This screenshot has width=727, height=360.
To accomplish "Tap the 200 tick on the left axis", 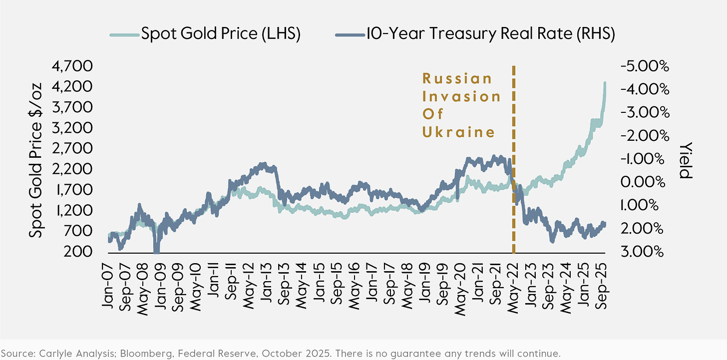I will [86, 251].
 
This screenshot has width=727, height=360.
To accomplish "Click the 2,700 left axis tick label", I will [79, 148].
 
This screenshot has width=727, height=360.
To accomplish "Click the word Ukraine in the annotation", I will [458, 132].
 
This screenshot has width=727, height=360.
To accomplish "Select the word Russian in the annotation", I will [457, 78].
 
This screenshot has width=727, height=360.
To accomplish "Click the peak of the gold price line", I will [605, 83].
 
